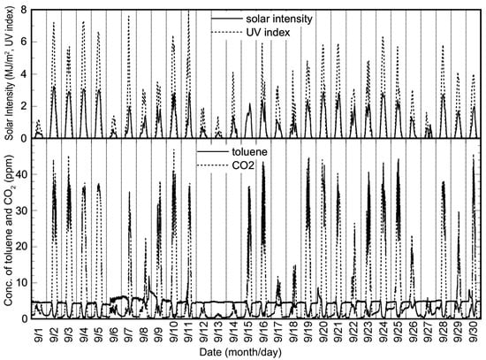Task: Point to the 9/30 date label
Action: tap(473, 336)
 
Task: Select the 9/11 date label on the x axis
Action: tap(189, 336)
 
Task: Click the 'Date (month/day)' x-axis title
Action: tap(256, 353)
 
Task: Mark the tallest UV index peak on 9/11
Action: tap(188, 11)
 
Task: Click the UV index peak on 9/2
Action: tap(53, 23)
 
